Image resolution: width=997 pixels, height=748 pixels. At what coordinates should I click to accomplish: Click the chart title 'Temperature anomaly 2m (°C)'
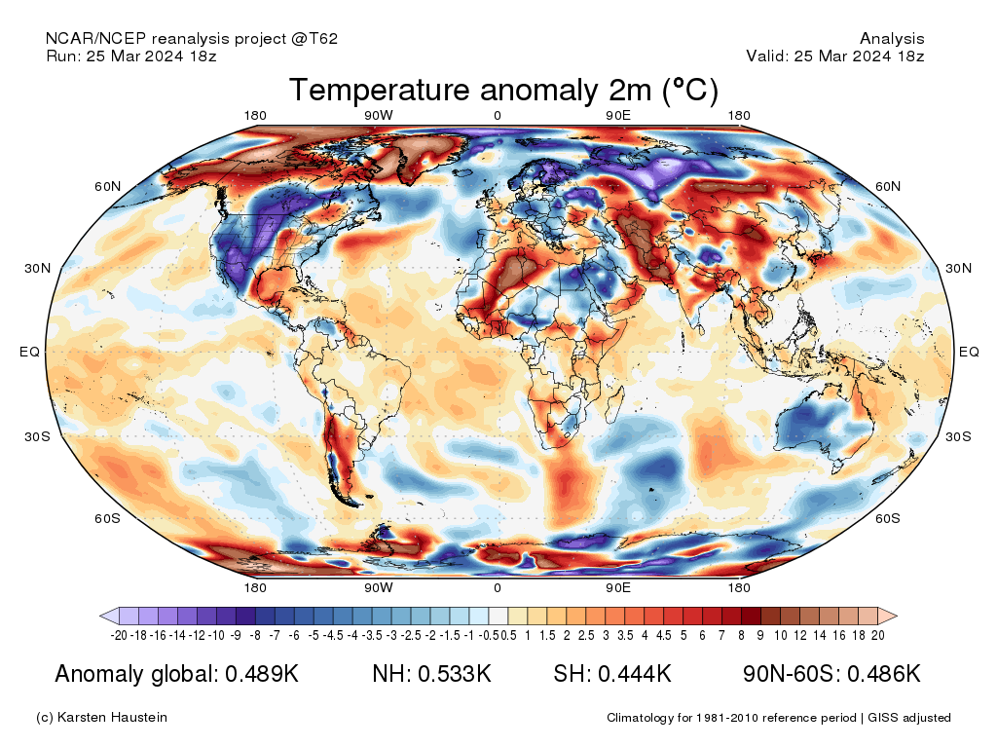pos(503,90)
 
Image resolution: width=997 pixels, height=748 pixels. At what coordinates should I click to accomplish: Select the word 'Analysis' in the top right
pos(892,39)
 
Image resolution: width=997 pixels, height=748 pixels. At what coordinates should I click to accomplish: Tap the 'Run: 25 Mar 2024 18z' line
pos(131,56)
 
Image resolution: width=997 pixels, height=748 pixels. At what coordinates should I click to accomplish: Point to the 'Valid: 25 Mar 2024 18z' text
pos(834,56)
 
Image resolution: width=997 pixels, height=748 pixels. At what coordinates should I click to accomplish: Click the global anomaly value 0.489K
pos(262,674)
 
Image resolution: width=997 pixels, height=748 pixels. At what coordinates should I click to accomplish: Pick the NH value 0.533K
pos(454,674)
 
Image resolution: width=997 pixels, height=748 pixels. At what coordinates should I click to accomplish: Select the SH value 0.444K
pos(635,674)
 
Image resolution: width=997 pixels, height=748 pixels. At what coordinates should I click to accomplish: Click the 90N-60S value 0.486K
pos(884,674)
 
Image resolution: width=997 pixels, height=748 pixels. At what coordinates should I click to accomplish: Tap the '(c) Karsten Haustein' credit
pos(101,718)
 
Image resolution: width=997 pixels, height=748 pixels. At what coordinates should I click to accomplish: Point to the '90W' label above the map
pos(379,116)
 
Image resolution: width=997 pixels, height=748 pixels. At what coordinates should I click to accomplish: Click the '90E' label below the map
pos(618,587)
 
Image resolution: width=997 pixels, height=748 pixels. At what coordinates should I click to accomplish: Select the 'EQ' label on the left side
pos(30,352)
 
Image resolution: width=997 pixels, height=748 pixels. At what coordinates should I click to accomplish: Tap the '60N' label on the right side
pos(888,186)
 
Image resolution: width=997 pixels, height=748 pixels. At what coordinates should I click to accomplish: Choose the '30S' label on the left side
pos(38,436)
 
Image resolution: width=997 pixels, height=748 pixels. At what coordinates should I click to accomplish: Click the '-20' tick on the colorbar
pos(119,635)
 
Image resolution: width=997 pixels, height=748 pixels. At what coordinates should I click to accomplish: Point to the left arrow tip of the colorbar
pos(100,616)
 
